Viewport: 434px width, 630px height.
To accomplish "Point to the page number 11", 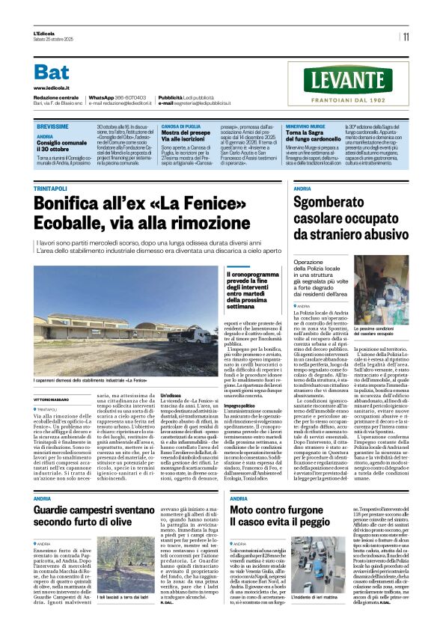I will pos(406,37).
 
